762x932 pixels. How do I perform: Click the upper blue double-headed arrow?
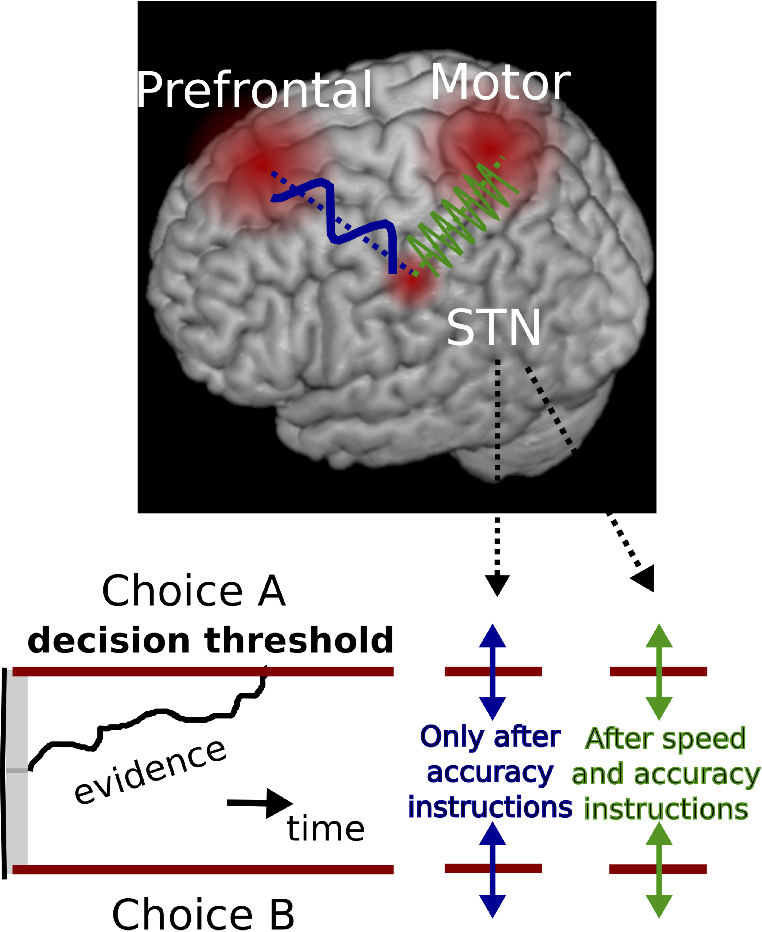pyautogui.click(x=493, y=672)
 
